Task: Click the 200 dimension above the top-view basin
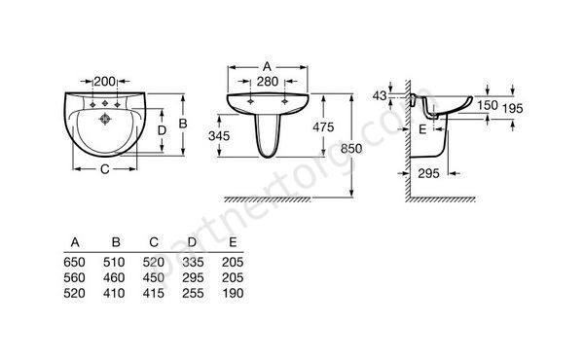pyautogui.click(x=105, y=81)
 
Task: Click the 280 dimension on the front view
pyautogui.click(x=268, y=81)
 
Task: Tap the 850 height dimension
pyautogui.click(x=351, y=149)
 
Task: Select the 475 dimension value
pyautogui.click(x=323, y=127)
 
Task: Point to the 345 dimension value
pyautogui.click(x=219, y=136)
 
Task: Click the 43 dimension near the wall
pyautogui.click(x=380, y=95)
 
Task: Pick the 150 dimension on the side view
pyautogui.click(x=488, y=105)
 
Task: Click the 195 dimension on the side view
pyautogui.click(x=513, y=109)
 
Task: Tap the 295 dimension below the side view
pyautogui.click(x=428, y=173)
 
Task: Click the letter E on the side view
pyautogui.click(x=422, y=129)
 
